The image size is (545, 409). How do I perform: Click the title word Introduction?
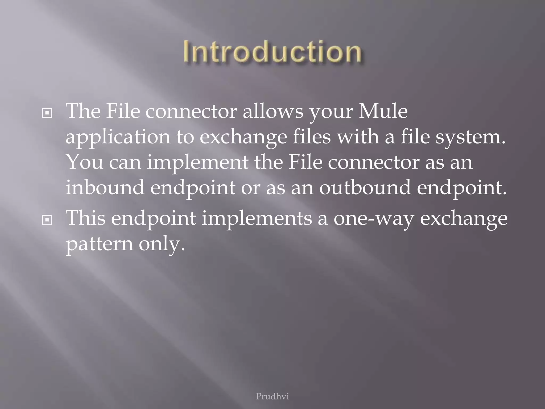coord(272,52)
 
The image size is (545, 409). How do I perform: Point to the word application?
coord(118,137)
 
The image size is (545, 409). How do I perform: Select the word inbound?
coord(105,187)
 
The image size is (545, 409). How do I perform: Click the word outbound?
coord(365,187)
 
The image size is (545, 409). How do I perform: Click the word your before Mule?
coord(331,112)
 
